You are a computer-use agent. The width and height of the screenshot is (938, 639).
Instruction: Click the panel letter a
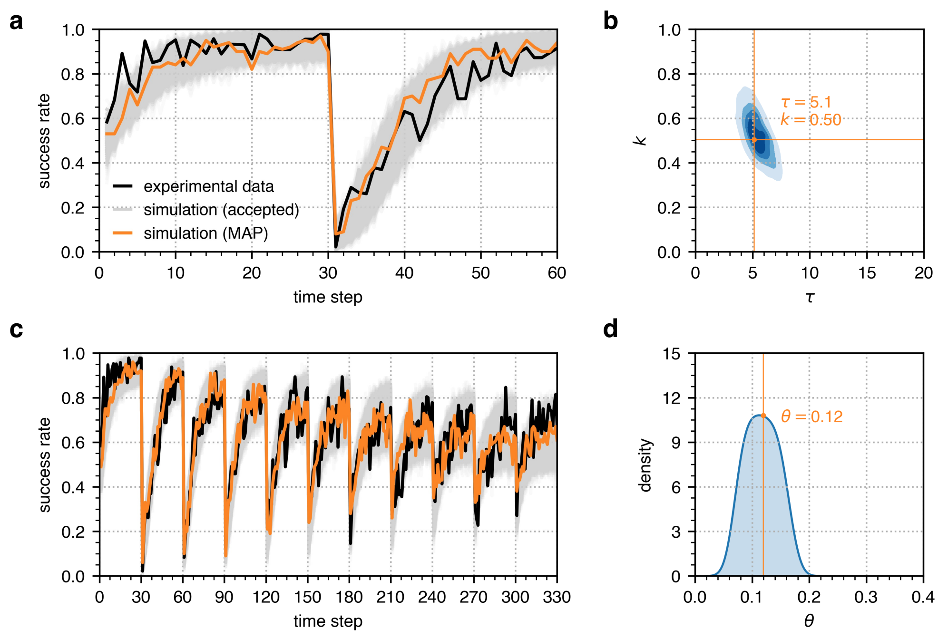click(16, 22)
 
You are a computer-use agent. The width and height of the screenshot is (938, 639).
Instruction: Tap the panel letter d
click(611, 329)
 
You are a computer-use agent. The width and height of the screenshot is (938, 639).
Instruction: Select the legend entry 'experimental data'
click(208, 186)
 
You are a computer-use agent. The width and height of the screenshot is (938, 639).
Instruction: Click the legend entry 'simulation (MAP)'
click(205, 233)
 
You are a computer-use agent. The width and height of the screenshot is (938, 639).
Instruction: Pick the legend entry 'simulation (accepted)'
click(221, 210)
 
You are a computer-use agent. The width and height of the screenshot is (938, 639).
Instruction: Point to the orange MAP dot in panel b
click(754, 140)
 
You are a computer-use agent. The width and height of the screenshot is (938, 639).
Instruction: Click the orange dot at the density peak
click(763, 416)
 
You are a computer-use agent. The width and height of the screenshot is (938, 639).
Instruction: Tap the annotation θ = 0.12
click(811, 417)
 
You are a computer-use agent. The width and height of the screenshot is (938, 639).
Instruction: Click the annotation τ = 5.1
click(806, 102)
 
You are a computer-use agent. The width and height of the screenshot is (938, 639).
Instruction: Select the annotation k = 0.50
click(811, 120)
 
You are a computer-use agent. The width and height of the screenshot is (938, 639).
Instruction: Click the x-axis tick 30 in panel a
click(328, 273)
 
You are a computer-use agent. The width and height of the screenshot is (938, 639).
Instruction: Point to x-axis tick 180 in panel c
click(349, 597)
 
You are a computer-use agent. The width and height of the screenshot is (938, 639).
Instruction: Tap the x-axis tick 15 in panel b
click(867, 273)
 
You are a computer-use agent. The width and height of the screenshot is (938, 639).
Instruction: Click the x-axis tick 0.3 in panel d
click(866, 597)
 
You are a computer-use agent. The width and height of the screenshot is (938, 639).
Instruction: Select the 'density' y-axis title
click(645, 465)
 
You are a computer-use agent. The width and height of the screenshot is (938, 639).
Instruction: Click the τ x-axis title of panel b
click(810, 298)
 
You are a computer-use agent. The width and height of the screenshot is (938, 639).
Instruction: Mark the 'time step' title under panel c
click(328, 621)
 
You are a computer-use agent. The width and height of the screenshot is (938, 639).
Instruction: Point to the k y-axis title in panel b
click(640, 141)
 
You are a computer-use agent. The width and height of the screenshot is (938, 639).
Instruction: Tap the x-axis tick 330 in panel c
click(557, 597)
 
